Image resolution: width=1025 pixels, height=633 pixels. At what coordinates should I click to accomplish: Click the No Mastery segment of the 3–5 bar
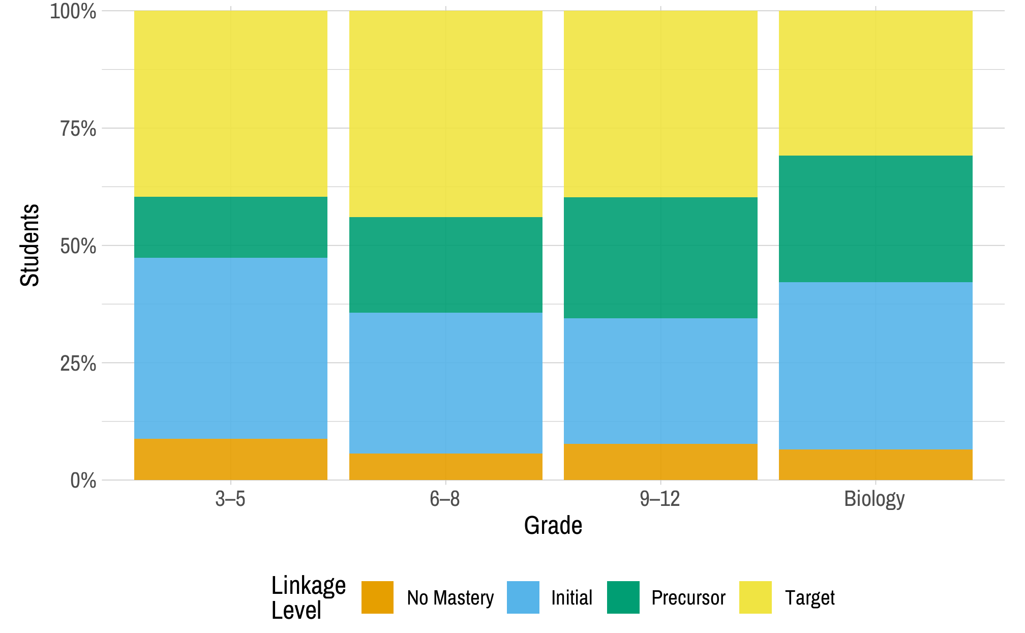pyautogui.click(x=230, y=459)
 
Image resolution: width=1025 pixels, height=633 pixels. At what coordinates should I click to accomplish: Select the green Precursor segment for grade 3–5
pyautogui.click(x=230, y=227)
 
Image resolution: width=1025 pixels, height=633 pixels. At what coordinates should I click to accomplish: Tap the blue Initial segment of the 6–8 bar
pyautogui.click(x=445, y=382)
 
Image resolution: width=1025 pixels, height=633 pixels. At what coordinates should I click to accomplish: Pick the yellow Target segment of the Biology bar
pyautogui.click(x=875, y=83)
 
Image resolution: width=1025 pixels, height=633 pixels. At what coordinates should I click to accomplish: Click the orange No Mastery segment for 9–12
pyautogui.click(x=660, y=462)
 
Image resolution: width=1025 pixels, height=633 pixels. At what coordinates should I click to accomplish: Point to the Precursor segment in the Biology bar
pyautogui.click(x=875, y=219)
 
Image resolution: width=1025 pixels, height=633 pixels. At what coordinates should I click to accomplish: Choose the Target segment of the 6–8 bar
pyautogui.click(x=445, y=114)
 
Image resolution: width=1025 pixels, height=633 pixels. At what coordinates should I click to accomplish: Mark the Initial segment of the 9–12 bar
pyautogui.click(x=660, y=381)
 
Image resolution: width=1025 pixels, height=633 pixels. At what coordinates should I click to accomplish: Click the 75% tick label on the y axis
pyautogui.click(x=78, y=129)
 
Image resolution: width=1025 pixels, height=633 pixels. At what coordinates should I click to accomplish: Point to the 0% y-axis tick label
pyautogui.click(x=83, y=480)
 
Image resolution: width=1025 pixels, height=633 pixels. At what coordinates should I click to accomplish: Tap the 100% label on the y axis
pyautogui.click(x=73, y=11)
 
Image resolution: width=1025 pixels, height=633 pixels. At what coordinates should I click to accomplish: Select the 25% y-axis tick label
pyautogui.click(x=78, y=364)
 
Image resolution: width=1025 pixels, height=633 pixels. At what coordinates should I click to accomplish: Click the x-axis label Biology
pyautogui.click(x=874, y=499)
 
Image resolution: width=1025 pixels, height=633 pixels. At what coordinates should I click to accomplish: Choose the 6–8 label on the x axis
pyautogui.click(x=444, y=499)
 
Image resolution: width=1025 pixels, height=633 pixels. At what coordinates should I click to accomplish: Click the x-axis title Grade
pyautogui.click(x=553, y=525)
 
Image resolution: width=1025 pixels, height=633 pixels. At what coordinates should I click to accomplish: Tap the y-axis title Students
pyautogui.click(x=29, y=245)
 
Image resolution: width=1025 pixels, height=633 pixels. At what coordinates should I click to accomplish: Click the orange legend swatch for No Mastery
pyautogui.click(x=377, y=597)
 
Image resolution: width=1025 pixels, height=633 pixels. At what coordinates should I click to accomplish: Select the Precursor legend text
pyautogui.click(x=688, y=598)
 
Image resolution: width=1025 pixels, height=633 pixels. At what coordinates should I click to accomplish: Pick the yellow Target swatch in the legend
pyautogui.click(x=755, y=597)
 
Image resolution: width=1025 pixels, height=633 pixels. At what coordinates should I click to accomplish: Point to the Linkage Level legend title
pyautogui.click(x=308, y=597)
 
